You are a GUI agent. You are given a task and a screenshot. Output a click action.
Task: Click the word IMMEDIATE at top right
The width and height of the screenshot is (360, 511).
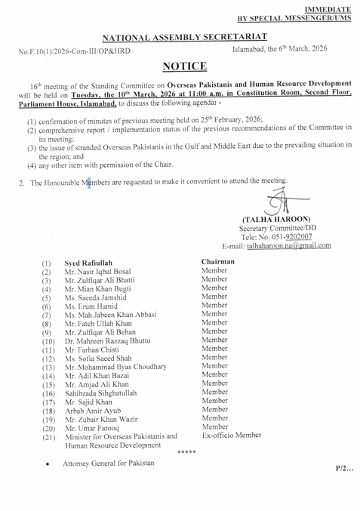330,6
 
